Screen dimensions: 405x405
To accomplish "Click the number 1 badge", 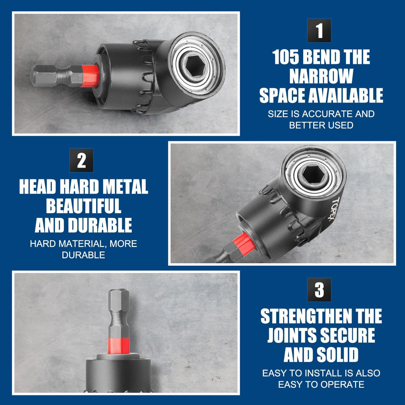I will click(x=319, y=31).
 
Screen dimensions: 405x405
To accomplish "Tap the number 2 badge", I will click(x=81, y=160).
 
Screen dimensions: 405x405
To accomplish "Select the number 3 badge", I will click(x=319, y=290).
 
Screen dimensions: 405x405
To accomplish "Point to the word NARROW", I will click(x=321, y=76).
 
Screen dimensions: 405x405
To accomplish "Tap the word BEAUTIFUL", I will click(x=83, y=206).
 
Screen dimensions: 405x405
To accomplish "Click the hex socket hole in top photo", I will click(x=195, y=61).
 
